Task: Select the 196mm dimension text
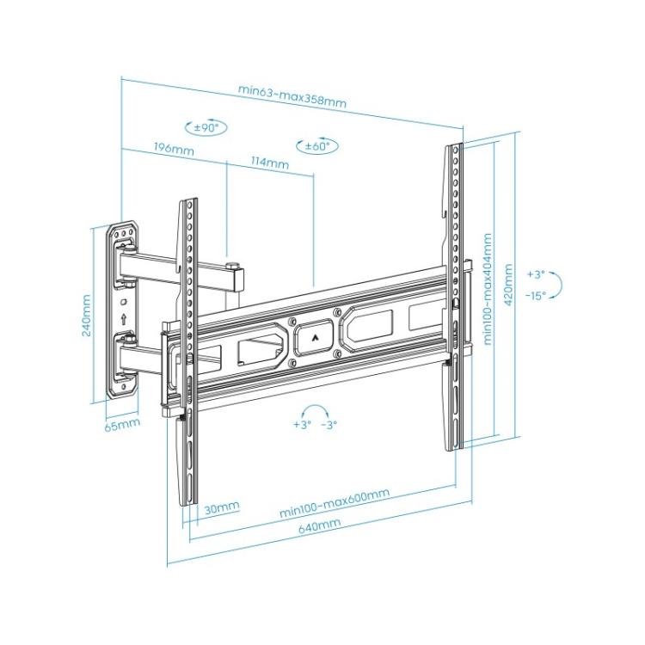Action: (173, 150)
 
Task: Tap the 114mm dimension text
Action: (269, 163)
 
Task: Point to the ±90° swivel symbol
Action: (206, 127)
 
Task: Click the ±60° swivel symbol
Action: (316, 146)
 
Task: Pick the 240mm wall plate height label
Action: (87, 316)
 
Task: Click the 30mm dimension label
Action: (222, 508)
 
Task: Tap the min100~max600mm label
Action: (334, 502)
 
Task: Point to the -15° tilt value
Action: (537, 296)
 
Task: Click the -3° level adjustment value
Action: (328, 425)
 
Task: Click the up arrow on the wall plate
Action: (124, 320)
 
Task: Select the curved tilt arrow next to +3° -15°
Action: (556, 285)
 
